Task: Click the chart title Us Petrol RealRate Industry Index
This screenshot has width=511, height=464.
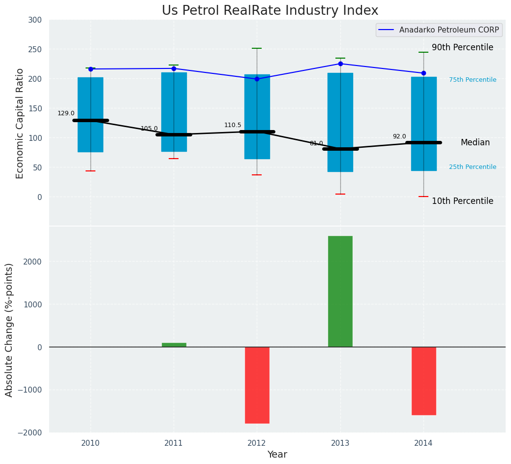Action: tap(270, 11)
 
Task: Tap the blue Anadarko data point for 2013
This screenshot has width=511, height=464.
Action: tap(340, 64)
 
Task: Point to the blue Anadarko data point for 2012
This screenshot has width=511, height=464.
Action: tap(257, 79)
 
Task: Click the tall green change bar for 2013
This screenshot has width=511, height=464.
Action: tap(340, 291)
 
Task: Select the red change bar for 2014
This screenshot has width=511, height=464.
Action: tap(423, 381)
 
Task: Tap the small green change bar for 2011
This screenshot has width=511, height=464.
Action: tap(174, 345)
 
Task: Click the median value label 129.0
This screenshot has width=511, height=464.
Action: tap(66, 113)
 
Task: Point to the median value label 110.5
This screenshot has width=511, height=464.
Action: tap(233, 125)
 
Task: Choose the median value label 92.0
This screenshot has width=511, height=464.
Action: tap(399, 136)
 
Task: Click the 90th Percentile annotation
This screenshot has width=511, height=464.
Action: tap(462, 47)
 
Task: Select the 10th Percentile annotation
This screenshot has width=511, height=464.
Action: tap(462, 201)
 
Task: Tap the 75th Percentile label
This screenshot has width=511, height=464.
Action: tap(473, 80)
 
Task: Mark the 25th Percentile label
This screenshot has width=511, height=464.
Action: tap(473, 167)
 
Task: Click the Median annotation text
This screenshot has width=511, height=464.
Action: tap(475, 142)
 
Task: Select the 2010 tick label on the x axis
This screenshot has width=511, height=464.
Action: tap(90, 443)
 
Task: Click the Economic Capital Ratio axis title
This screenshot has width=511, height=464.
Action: tap(20, 123)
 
